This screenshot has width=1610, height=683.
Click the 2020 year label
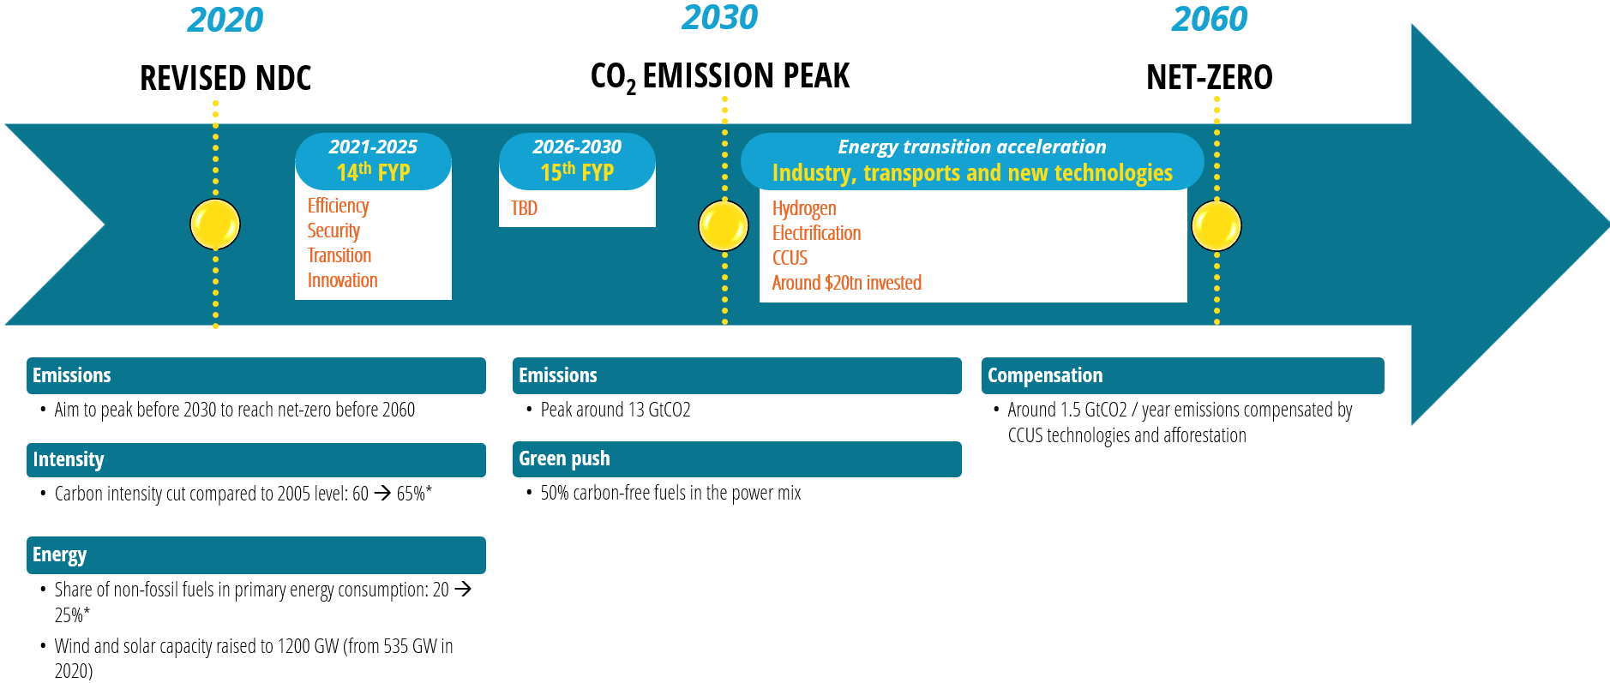[225, 21]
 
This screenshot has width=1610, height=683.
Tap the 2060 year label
[1209, 20]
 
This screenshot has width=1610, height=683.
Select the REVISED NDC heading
[225, 78]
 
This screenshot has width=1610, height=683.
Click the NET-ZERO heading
[1209, 78]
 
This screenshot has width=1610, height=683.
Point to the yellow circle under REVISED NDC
[215, 225]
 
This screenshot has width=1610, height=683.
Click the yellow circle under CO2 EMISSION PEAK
[724, 225]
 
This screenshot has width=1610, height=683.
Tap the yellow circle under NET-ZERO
[1216, 225]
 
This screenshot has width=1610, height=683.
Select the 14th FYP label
[373, 172]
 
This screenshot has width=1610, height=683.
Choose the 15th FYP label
[577, 172]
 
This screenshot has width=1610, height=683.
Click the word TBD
[524, 208]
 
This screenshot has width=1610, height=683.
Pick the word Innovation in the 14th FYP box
[342, 280]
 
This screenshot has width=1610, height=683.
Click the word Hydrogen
[803, 208]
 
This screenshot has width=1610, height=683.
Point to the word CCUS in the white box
[790, 258]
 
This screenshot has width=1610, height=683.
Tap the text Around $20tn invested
[846, 283]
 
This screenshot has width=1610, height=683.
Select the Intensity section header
[69, 459]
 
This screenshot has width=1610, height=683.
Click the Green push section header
[564, 458]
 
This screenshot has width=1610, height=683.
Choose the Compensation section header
[1045, 375]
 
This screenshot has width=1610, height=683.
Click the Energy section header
[59, 554]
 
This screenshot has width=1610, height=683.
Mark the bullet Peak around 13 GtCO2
[615, 410]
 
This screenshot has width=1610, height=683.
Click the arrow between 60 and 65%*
[382, 493]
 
